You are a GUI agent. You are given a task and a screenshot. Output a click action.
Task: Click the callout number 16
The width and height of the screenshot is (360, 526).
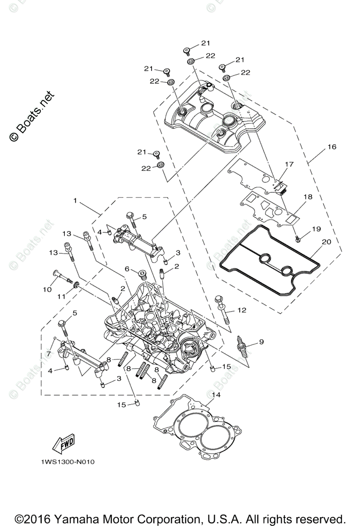tap(331, 147)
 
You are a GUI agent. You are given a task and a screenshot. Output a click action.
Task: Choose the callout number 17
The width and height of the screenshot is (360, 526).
tap(289, 164)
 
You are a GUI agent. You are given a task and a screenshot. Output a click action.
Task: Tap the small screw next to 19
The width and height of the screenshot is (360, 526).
tap(298, 238)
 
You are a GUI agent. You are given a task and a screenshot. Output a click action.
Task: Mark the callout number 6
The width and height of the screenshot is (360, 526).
tap(127, 268)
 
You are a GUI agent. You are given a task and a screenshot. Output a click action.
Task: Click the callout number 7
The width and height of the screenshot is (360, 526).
tap(49, 353)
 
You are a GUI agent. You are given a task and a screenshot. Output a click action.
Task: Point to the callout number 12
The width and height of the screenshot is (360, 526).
tap(242, 310)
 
